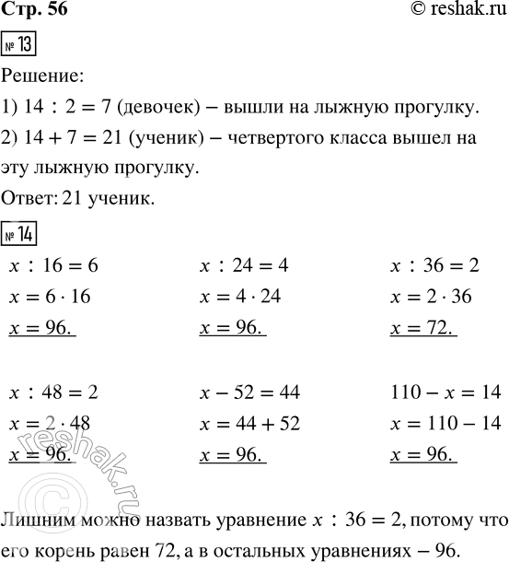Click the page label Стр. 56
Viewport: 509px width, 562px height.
click(x=34, y=12)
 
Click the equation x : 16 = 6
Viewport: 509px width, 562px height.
click(x=52, y=266)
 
